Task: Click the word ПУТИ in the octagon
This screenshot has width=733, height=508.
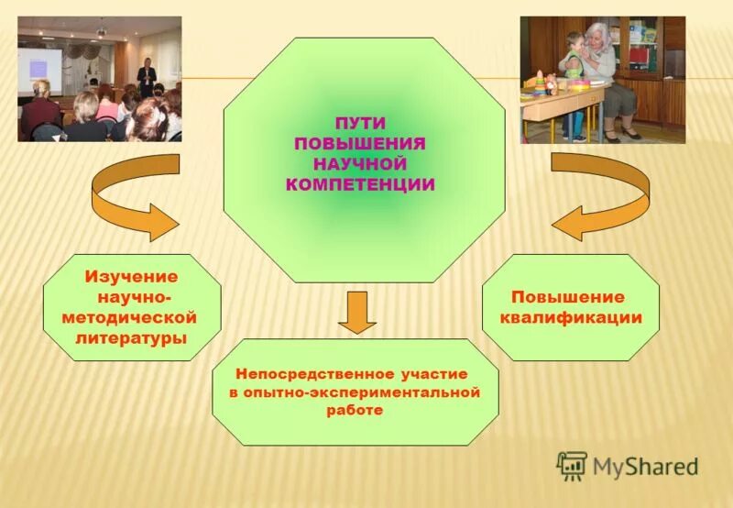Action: (359, 123)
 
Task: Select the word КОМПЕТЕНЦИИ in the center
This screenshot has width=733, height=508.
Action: (359, 184)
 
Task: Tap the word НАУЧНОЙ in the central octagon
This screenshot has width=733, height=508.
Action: (359, 164)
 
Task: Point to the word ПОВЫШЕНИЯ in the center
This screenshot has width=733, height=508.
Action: (359, 144)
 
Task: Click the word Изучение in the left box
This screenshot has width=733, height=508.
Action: (132, 277)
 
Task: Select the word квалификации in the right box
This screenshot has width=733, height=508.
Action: (570, 318)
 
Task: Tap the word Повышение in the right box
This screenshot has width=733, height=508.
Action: (568, 297)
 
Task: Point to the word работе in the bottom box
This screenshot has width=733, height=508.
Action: (354, 411)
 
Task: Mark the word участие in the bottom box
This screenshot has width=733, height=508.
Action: (433, 374)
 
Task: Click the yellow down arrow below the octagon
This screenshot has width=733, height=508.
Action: (356, 313)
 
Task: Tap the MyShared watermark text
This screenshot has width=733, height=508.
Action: (645, 466)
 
